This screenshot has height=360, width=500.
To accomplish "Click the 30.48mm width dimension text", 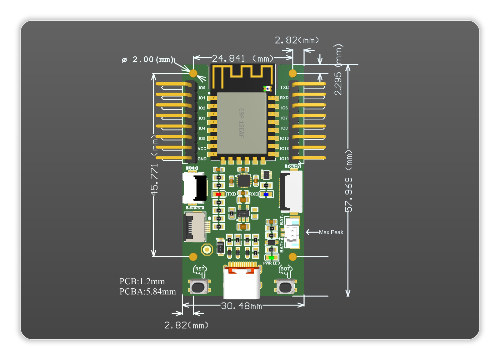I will [x=241, y=306].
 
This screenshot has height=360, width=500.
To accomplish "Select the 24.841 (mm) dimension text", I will [x=242, y=58].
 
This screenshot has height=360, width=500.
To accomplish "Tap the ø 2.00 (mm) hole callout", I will [x=147, y=60].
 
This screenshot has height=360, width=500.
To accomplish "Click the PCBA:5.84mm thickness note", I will [x=147, y=292].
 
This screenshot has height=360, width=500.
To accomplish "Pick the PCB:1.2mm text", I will [x=142, y=281].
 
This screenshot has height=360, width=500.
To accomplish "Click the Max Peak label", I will [x=331, y=232].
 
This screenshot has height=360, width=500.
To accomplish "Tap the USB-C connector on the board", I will [x=242, y=281].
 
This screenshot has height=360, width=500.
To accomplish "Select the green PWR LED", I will [x=271, y=258].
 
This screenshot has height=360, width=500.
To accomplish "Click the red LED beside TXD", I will [x=218, y=194].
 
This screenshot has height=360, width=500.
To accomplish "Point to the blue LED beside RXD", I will [x=266, y=194].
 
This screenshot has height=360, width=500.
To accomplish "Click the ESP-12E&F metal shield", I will [x=242, y=123].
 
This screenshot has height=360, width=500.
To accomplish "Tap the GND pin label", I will [x=202, y=159].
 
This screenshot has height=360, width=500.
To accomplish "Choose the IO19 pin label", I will [x=284, y=159].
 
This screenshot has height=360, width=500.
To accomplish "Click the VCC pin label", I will [x=202, y=149].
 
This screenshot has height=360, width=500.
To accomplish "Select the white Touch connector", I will [x=291, y=191].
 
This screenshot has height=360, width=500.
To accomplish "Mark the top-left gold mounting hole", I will [x=193, y=74].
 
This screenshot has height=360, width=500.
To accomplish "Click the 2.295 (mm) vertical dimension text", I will [x=338, y=83].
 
